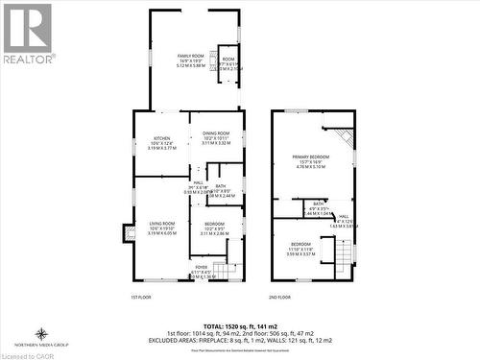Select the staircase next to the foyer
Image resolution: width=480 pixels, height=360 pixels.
pos(225,271)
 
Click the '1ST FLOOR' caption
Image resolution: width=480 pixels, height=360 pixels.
pos(140,298)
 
